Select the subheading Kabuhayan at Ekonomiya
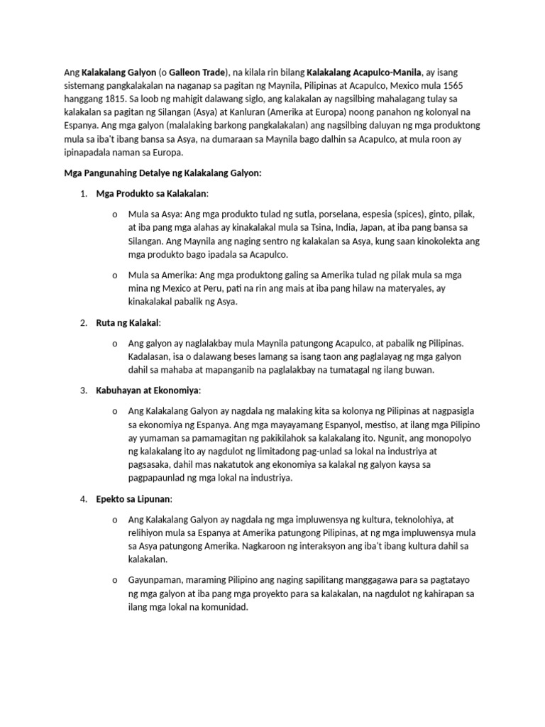148,390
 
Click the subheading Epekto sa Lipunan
134,498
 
